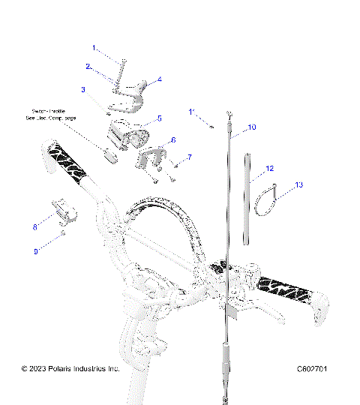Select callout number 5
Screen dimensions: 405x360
(x=159, y=118)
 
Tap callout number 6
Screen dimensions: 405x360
(x=174, y=139)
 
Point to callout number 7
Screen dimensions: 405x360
(x=190, y=157)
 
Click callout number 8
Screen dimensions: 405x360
(x=34, y=225)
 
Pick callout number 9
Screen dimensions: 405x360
(x=34, y=251)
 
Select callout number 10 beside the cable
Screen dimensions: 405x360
(x=252, y=127)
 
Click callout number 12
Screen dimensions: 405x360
(x=269, y=169)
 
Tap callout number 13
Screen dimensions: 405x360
(x=278, y=184)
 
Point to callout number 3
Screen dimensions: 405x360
(x=83, y=89)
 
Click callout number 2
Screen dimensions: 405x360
(x=87, y=67)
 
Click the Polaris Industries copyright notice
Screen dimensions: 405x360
(x=70, y=369)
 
